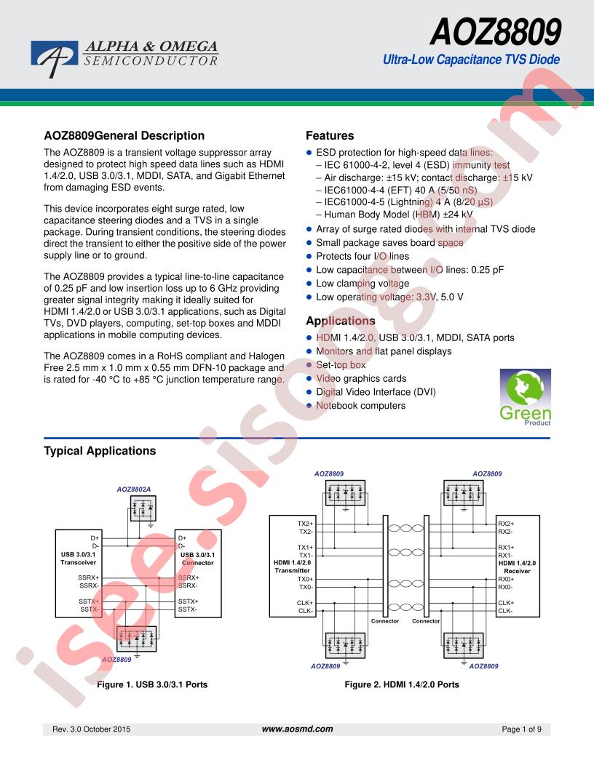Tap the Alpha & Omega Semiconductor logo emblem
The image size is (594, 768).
point(55,56)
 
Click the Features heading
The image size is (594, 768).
point(330,135)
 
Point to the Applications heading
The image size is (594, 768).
point(341,321)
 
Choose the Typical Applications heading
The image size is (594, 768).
point(100,451)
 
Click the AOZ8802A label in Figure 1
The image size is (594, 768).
point(134,489)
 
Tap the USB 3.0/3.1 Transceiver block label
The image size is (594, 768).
point(78,559)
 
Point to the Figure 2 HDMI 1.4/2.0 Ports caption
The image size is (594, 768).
point(402,684)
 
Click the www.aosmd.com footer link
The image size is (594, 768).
point(297,728)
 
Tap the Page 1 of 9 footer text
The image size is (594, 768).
point(522,728)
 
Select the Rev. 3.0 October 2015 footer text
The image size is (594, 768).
point(92,728)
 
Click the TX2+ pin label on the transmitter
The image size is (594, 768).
point(305,524)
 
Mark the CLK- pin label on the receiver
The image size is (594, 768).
point(505,611)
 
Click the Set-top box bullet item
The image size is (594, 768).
point(341,364)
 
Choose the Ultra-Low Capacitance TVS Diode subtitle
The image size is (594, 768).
point(471,60)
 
